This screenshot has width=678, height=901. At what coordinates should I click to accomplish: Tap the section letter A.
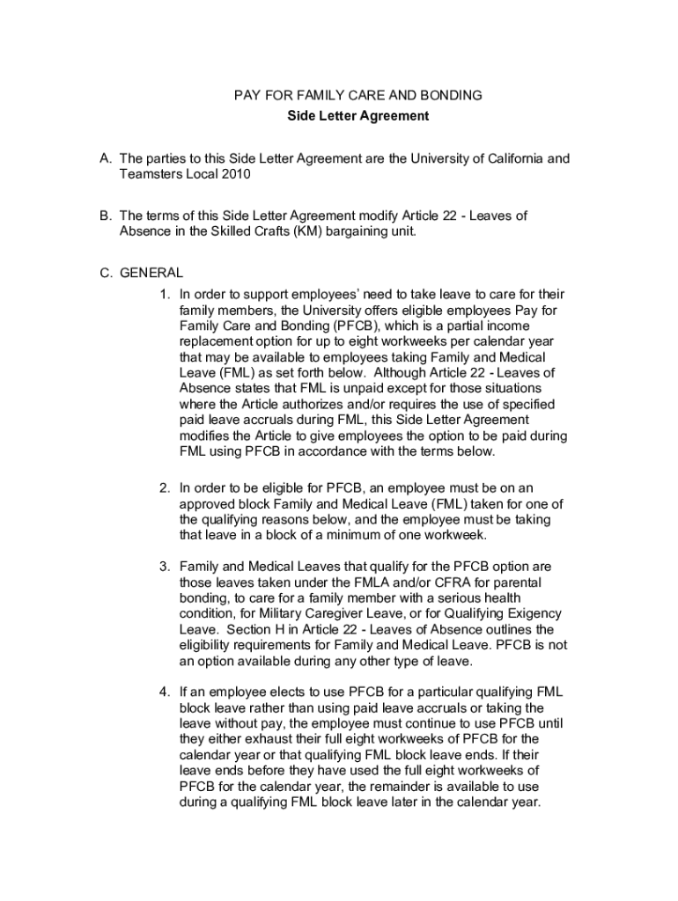pos(105,159)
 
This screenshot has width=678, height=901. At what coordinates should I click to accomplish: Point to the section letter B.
pos(105,216)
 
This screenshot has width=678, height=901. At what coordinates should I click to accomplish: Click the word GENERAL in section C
pos(151,273)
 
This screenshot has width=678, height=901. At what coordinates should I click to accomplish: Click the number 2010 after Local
pos(237,175)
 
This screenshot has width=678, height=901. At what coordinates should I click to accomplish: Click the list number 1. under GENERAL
pos(165,295)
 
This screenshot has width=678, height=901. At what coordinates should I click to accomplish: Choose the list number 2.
pos(165,487)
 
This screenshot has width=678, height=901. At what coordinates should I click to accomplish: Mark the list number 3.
pos(165,567)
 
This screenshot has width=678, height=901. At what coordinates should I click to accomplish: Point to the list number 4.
pos(165,692)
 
